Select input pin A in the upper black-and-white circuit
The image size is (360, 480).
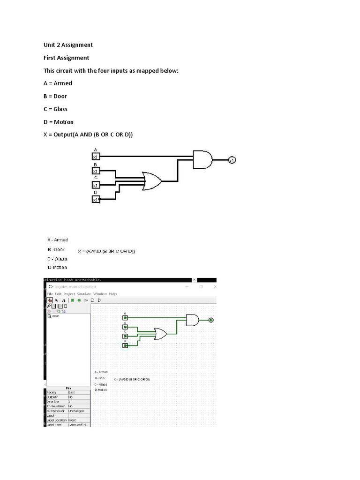coord(96,157)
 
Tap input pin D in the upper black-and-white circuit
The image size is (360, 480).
coord(96,200)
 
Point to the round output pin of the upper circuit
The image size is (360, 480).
coord(232,160)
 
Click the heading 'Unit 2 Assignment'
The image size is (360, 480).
coord(68,45)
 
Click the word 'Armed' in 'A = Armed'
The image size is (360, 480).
coord(63,83)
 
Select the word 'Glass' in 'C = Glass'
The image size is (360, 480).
coord(60,109)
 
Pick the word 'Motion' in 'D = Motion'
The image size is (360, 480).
coord(64,122)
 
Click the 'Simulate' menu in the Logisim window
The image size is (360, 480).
coord(84,294)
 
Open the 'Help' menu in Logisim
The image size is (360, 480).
coord(112,294)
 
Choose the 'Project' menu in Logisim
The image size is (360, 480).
coord(69,294)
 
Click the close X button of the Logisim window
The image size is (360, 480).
coord(215,286)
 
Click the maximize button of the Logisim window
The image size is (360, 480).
coord(201,286)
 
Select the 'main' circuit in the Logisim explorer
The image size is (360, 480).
coord(55,316)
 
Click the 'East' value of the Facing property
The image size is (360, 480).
coord(71,392)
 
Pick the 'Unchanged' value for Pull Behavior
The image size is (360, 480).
coord(76,411)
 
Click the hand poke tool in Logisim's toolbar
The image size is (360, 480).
coord(50,300)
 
